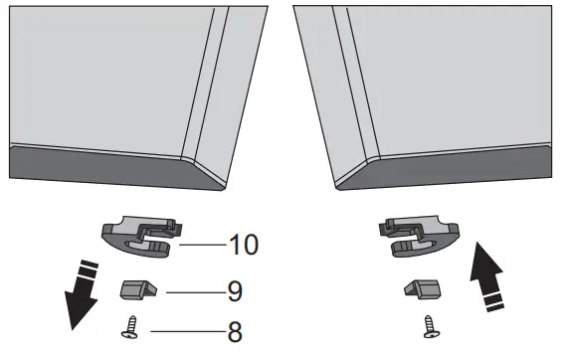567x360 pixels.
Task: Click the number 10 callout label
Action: tap(244, 244)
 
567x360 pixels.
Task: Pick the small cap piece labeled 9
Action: tap(136, 290)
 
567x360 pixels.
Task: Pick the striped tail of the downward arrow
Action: tap(89, 271)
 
